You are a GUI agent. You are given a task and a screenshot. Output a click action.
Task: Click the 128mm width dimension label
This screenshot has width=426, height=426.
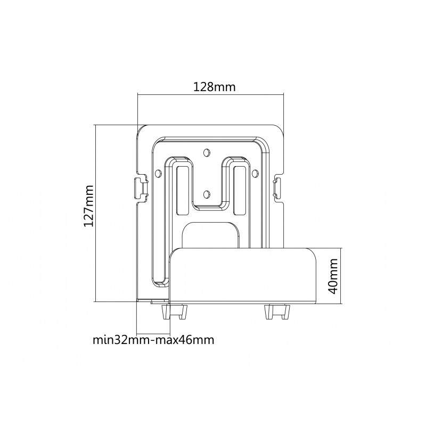[215, 87]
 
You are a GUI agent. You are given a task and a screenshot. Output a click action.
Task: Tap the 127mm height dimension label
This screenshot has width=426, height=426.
[88, 206]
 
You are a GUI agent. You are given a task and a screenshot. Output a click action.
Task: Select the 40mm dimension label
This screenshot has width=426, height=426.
[333, 276]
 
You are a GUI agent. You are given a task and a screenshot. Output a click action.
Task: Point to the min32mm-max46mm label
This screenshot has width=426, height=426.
[153, 340]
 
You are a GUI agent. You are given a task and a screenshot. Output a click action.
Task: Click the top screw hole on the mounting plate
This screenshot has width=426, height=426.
[207, 152]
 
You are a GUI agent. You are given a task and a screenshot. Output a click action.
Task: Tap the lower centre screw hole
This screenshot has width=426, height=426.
[207, 194]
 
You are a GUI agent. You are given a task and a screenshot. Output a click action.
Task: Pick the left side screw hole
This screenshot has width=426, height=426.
[157, 173]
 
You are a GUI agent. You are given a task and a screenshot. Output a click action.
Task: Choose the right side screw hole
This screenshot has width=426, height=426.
[255, 173]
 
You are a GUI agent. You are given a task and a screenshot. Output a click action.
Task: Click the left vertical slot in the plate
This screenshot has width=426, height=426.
[182, 191]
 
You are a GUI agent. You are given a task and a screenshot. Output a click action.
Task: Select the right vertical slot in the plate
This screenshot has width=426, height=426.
[239, 191]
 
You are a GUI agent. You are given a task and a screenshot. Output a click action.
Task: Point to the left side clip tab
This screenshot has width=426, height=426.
[141, 189]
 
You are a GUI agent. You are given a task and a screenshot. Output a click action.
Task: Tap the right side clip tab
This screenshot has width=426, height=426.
[277, 189]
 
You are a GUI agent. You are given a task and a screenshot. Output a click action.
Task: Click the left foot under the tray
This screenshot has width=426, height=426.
[175, 312]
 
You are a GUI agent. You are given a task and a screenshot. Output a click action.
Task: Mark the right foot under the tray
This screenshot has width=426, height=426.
[277, 312]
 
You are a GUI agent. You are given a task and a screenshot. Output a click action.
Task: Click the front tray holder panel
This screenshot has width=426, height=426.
[243, 275]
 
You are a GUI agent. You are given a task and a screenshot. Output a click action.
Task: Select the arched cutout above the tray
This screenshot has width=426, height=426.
[210, 235]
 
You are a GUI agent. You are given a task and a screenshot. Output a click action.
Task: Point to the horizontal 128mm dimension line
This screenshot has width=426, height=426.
[210, 95]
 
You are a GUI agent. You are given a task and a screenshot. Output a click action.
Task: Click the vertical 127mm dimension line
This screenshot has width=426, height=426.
[95, 214]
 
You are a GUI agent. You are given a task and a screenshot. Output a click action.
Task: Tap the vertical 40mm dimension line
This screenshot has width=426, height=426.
[341, 276]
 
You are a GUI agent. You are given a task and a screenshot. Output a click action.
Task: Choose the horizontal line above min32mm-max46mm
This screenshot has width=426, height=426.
[153, 334]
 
